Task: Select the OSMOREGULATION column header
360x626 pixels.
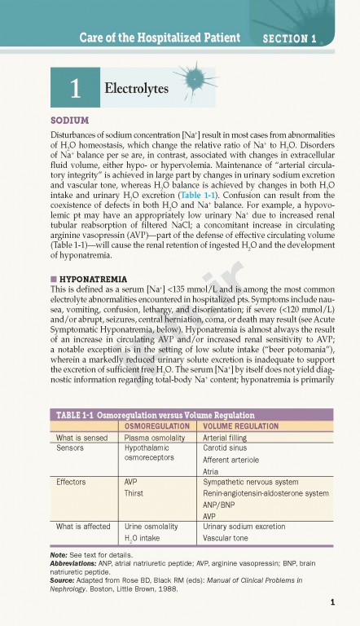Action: coord(160,425)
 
